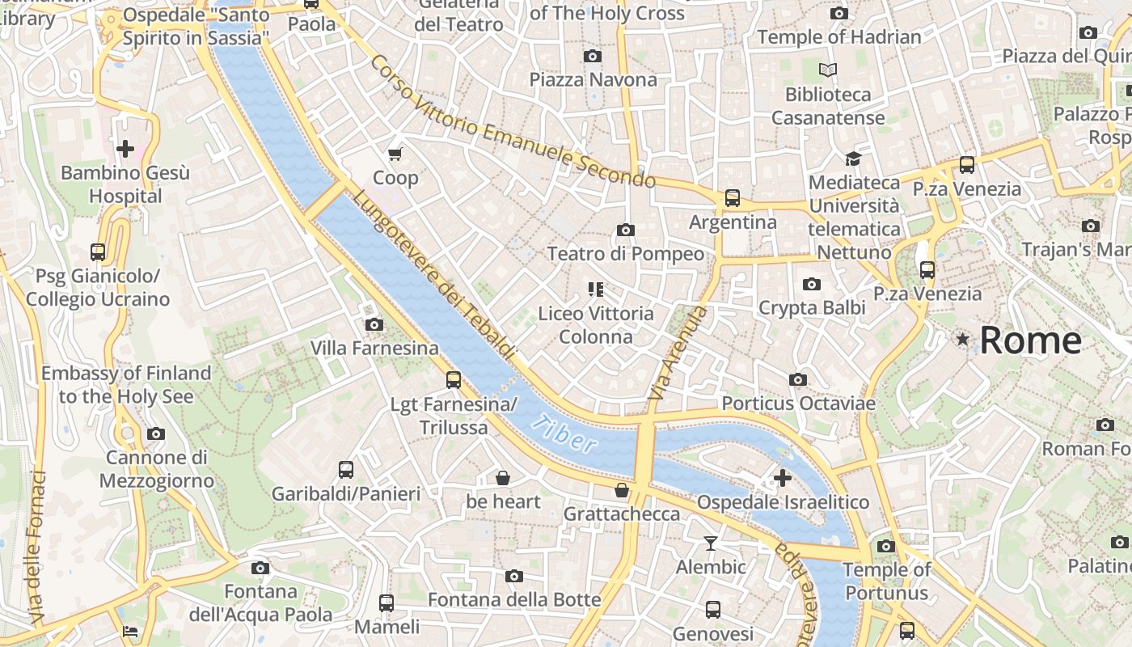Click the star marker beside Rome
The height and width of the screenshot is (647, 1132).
[962, 340]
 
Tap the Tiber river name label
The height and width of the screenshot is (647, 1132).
[565, 433]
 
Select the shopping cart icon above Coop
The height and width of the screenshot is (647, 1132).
[395, 154]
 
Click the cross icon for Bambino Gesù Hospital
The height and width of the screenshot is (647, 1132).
[125, 149]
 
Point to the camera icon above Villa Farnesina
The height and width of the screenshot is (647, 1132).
[374, 324]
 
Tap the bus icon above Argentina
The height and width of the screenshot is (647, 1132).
[733, 197]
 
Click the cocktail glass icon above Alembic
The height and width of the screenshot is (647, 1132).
[711, 543]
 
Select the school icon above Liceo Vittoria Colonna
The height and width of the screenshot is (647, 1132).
[596, 289]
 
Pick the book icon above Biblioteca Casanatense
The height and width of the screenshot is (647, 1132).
[828, 70]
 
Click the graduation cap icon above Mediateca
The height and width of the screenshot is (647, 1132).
[853, 159]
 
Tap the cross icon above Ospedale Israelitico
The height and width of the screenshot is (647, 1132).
[782, 478]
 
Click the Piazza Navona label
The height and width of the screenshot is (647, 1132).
[593, 79]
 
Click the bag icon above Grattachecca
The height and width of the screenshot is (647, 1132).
[622, 490]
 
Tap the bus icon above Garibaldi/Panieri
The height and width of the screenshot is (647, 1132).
[346, 469]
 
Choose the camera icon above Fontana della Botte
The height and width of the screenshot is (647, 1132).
[514, 576]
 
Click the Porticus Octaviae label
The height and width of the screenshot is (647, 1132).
[798, 403]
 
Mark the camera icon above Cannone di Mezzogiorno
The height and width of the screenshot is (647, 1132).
[156, 433]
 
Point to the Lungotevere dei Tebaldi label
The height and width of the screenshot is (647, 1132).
[433, 275]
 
